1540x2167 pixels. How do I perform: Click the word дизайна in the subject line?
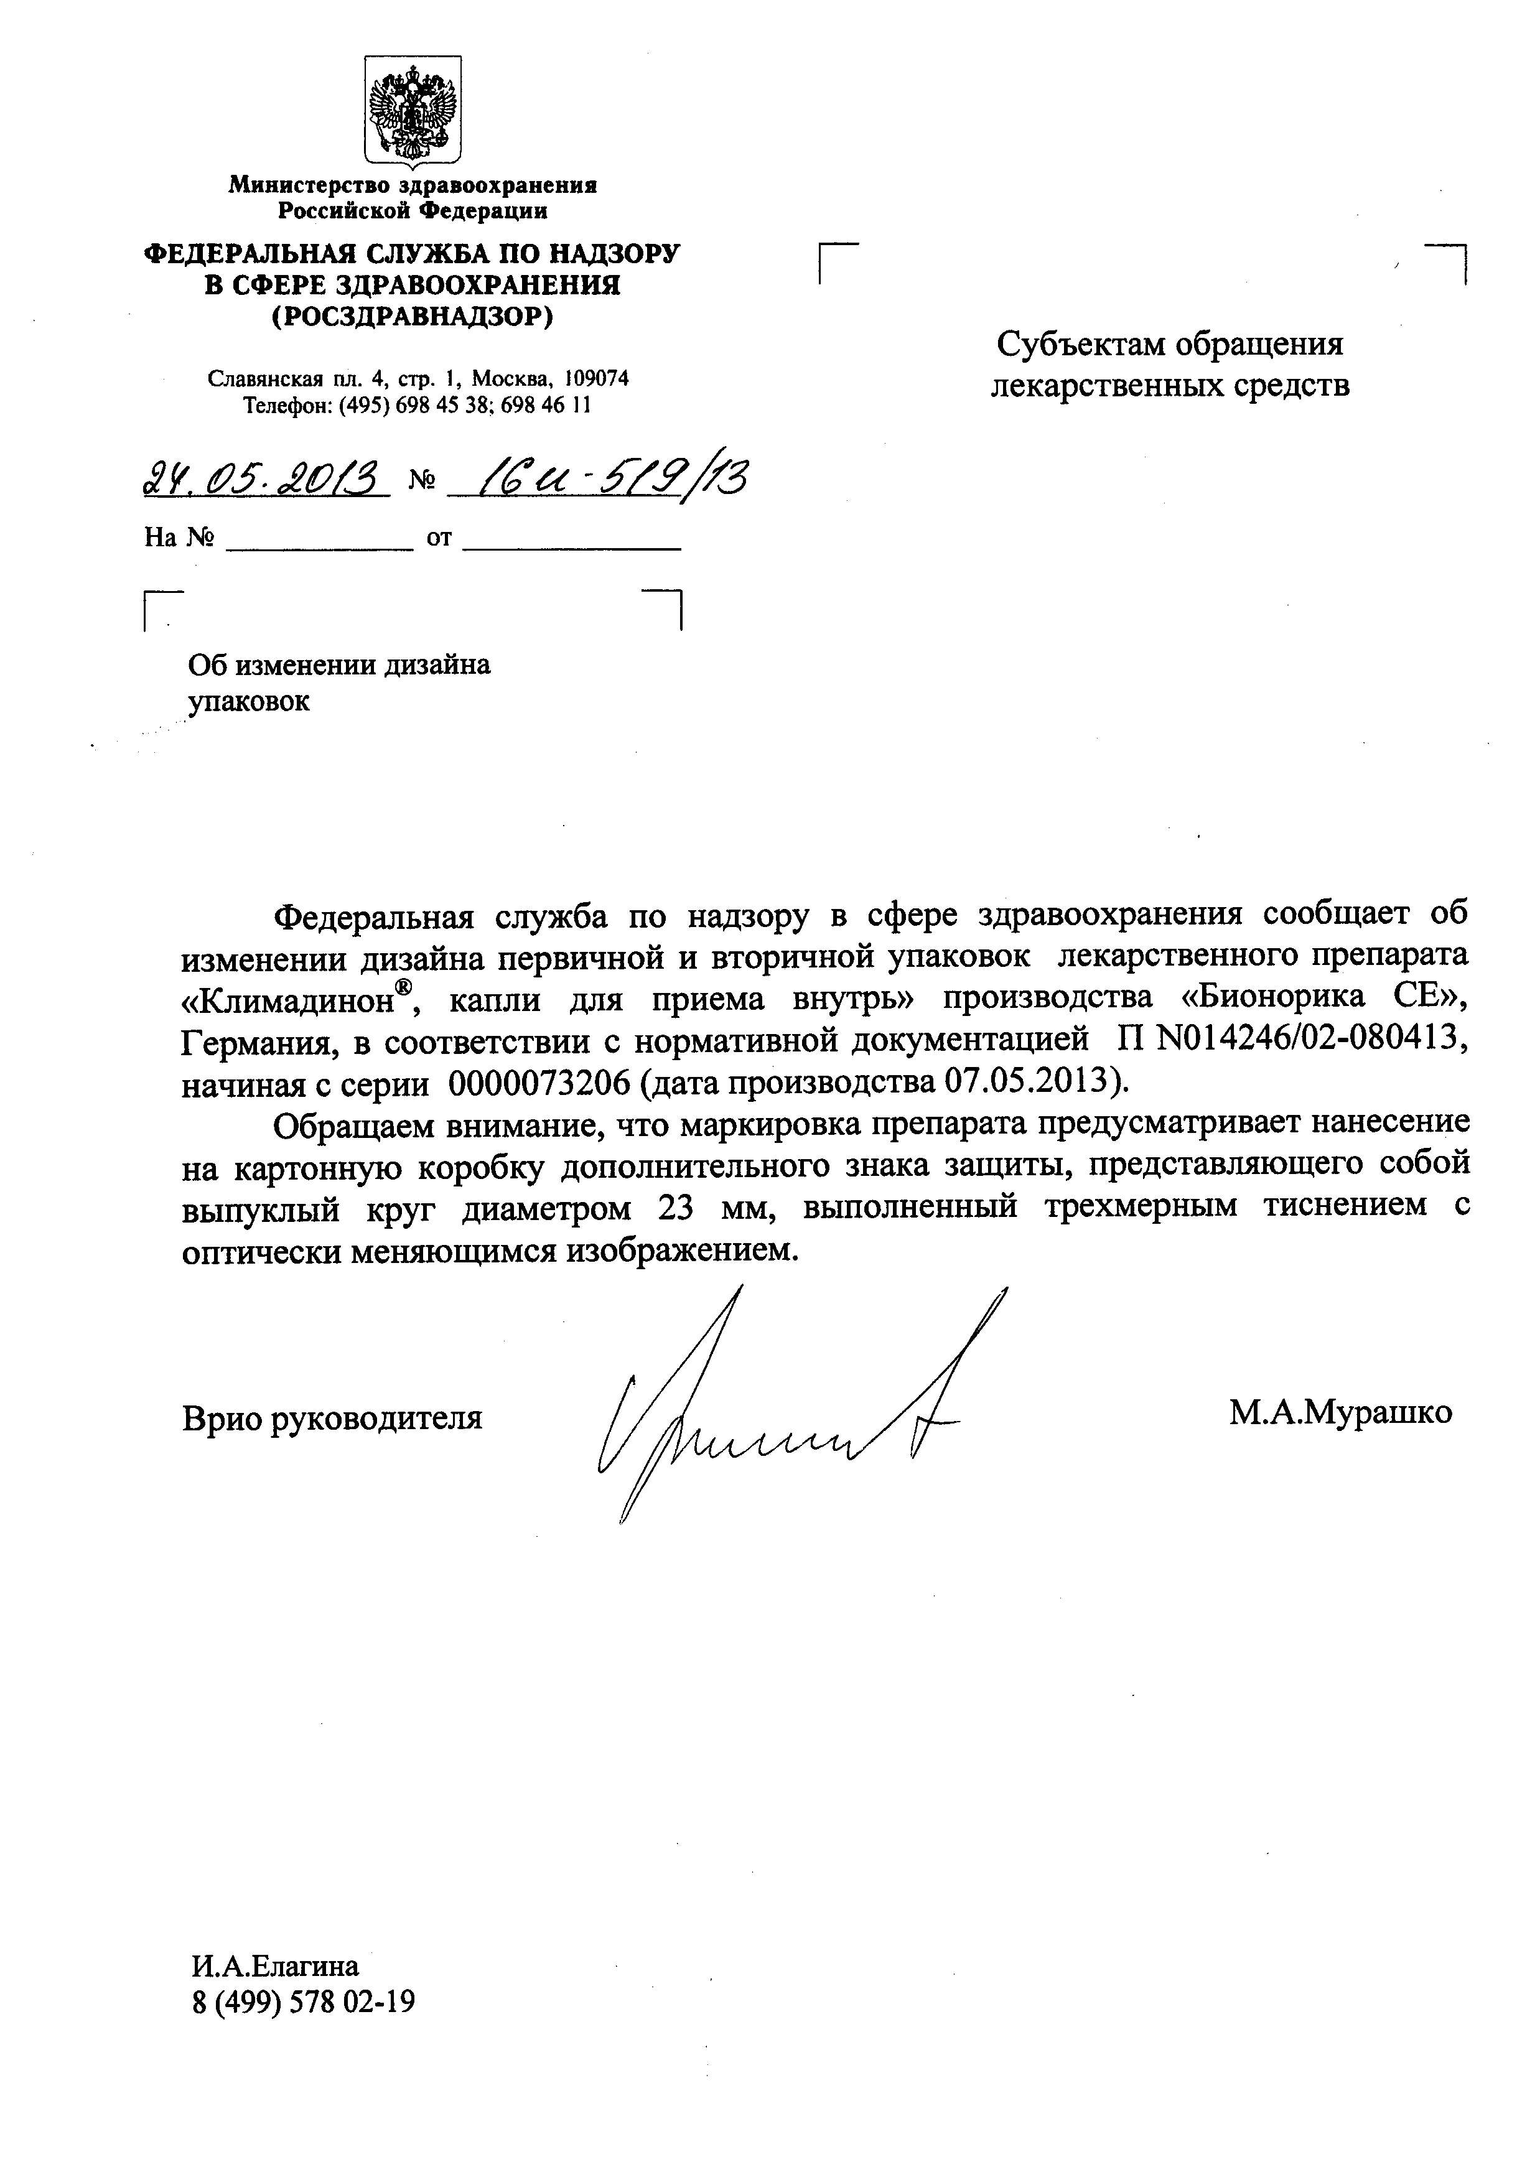coord(436,664)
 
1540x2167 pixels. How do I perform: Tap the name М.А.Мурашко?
coord(1340,1412)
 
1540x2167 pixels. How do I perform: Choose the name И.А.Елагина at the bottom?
coord(275,1965)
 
